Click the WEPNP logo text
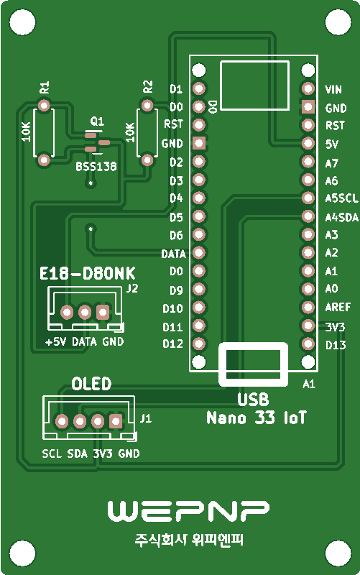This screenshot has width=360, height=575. (188, 510)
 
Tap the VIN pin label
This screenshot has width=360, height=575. (333, 89)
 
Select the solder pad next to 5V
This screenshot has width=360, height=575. (308, 143)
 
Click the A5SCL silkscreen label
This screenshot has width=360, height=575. (341, 198)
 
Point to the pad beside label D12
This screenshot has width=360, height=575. (199, 344)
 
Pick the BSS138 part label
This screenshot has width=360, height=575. (96, 167)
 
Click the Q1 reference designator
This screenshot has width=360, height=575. (97, 121)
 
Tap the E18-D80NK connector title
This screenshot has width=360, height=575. (87, 274)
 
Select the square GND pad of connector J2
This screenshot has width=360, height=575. (103, 313)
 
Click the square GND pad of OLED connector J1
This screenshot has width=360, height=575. (116, 421)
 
